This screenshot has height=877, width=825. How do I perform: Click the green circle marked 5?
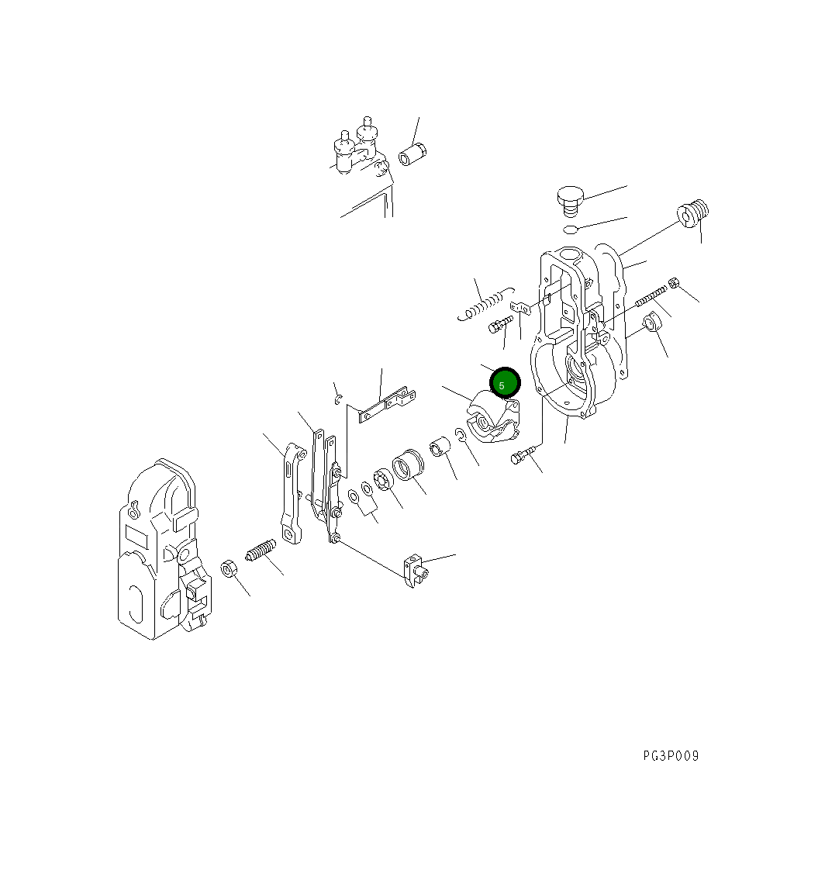[505, 383]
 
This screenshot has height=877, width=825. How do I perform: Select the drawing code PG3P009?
[670, 756]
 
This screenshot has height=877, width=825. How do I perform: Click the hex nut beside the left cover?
[230, 568]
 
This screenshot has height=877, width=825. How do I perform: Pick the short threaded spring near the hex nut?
[261, 551]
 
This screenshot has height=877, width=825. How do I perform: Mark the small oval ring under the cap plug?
[571, 229]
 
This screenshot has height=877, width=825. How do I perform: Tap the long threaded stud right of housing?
[651, 297]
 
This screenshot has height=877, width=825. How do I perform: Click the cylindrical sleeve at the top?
[412, 154]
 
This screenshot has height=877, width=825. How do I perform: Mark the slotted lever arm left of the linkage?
[292, 493]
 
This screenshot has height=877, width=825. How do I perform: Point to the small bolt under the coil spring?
[500, 325]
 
